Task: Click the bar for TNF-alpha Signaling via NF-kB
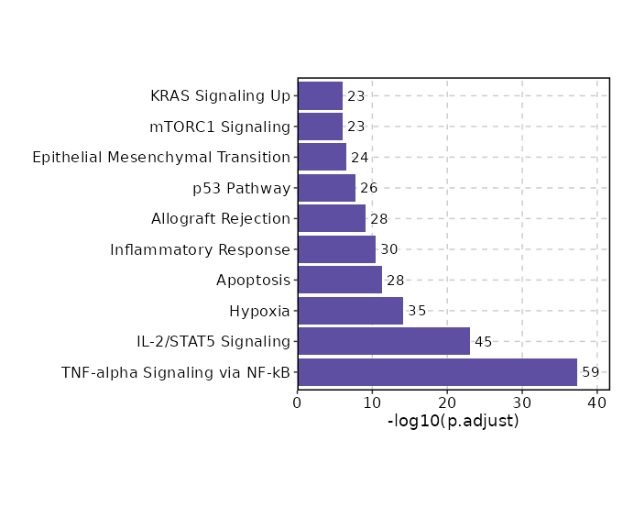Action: pyautogui.click(x=437, y=372)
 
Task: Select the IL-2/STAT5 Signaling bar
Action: pyautogui.click(x=384, y=342)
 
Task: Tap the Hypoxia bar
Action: pyautogui.click(x=350, y=311)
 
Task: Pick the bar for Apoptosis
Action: pyautogui.click(x=340, y=280)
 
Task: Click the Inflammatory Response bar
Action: pyautogui.click(x=336, y=249)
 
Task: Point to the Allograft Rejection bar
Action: pyautogui.click(x=332, y=218)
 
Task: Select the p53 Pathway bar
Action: pyautogui.click(x=326, y=188)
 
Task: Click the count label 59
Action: pyautogui.click(x=591, y=372)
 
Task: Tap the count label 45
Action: pyautogui.click(x=484, y=342)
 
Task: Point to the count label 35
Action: pyautogui.click(x=417, y=311)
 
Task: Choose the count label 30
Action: pyautogui.click(x=389, y=249)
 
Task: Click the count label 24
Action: pyautogui.click(x=360, y=157)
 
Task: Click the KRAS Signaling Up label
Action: pyautogui.click(x=220, y=95)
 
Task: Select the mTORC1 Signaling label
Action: pyautogui.click(x=220, y=127)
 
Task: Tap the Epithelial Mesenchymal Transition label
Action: pyautogui.click(x=161, y=157)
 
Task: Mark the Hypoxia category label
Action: pyautogui.click(x=259, y=311)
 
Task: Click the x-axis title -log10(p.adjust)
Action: pyautogui.click(x=454, y=421)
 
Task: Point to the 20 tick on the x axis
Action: pyautogui.click(x=447, y=402)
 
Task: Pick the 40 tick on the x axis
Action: pyautogui.click(x=597, y=402)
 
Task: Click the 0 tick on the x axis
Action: pyautogui.click(x=298, y=402)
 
